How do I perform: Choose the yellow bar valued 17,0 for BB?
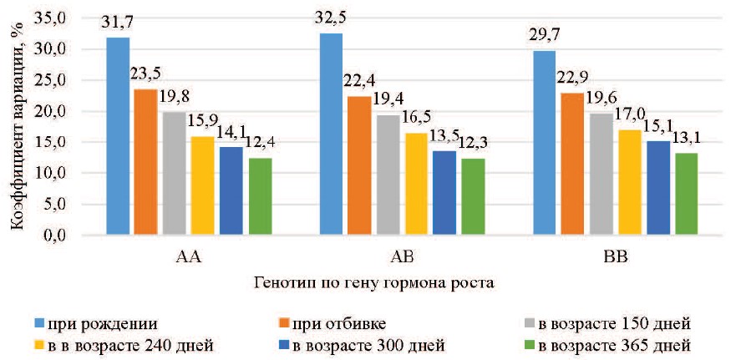coord(630,182)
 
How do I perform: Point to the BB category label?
coord(615,256)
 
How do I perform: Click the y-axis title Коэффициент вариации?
coord(18,125)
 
